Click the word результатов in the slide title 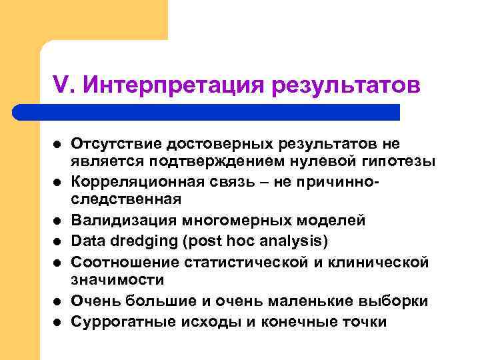(x=346, y=85)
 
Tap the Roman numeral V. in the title (x=65, y=85)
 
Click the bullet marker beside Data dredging (x=57, y=241)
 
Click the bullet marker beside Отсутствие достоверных (x=57, y=145)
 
